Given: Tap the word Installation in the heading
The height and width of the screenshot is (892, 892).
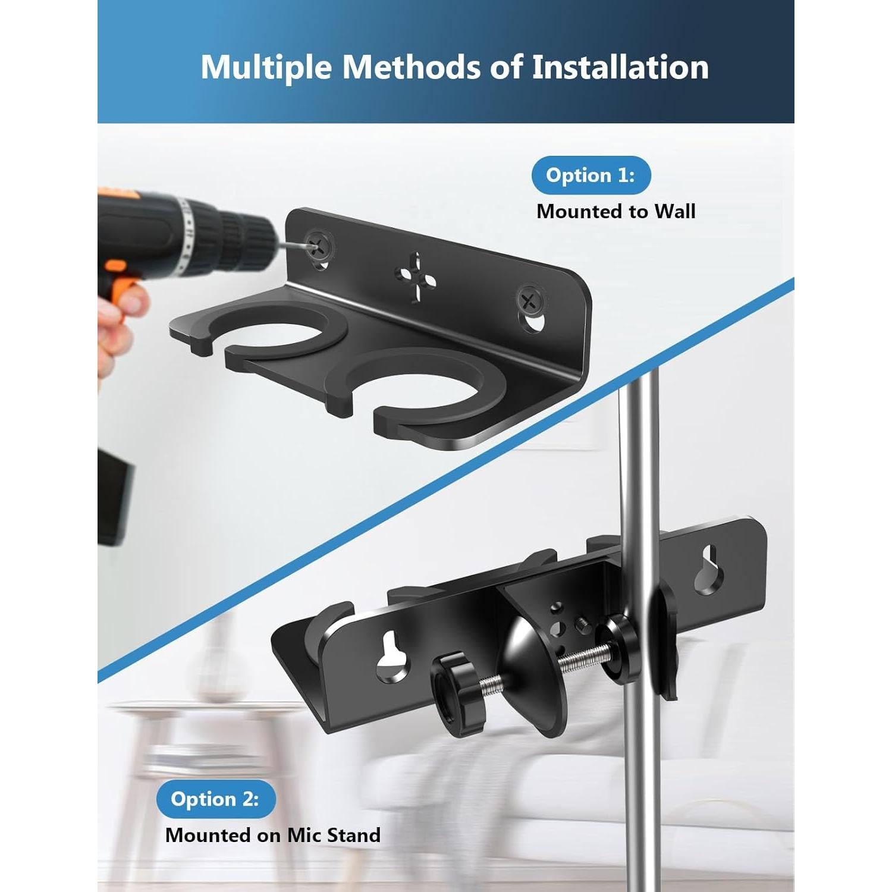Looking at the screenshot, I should tap(620, 67).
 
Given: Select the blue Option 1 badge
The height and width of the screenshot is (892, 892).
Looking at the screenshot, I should tap(591, 175).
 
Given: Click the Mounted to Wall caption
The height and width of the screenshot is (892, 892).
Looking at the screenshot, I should tap(615, 212).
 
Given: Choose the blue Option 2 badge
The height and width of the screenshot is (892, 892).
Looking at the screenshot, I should tap(215, 799).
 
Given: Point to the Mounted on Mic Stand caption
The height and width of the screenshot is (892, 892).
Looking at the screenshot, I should tap(272, 835).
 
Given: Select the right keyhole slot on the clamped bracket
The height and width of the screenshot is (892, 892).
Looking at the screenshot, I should tap(709, 571).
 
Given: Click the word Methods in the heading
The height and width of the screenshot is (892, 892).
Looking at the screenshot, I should tap(411, 67).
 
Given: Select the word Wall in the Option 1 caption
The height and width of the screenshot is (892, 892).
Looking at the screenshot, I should tap(674, 212).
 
